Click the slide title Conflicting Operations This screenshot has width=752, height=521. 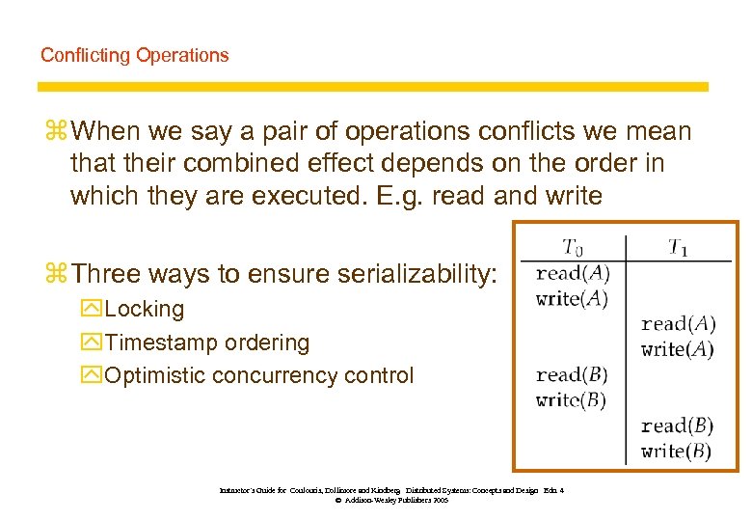click(134, 55)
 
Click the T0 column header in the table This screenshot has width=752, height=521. click(573, 246)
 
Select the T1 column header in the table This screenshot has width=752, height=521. click(680, 246)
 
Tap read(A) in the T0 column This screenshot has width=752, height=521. click(573, 273)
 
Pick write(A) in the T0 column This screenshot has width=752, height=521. click(573, 298)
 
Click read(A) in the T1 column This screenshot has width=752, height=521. click(678, 324)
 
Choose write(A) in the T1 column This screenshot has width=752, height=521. click(678, 349)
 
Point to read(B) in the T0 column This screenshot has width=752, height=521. click(572, 374)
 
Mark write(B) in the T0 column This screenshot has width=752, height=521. click(572, 399)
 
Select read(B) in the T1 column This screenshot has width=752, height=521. click(677, 425)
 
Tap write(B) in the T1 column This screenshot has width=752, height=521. click(677, 451)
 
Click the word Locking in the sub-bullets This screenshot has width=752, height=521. click(144, 309)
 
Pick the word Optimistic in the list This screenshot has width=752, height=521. click(155, 375)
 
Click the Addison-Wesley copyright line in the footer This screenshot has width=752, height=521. click(391, 501)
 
